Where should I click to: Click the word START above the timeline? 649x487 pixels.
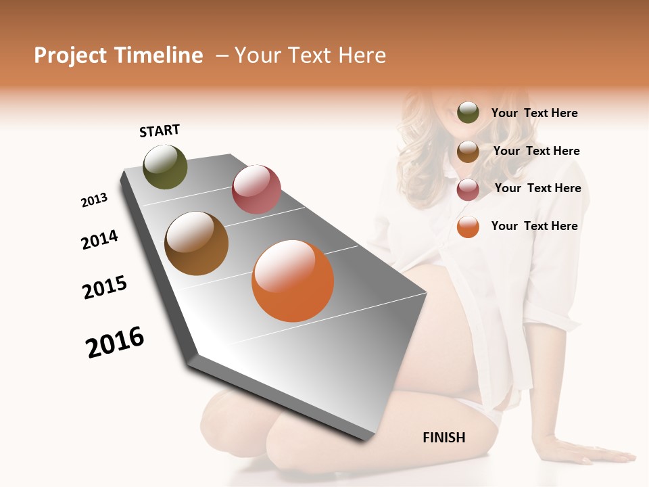[160, 131]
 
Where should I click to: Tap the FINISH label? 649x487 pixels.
[444, 438]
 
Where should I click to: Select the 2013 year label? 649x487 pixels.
[95, 200]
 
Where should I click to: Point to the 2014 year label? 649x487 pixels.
[99, 239]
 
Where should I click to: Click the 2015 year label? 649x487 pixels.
[105, 287]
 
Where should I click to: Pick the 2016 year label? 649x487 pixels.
[115, 342]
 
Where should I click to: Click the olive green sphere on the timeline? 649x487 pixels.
[165, 167]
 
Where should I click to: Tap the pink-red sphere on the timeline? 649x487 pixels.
[256, 189]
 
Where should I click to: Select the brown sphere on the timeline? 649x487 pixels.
[196, 243]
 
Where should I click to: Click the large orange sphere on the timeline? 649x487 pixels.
[293, 281]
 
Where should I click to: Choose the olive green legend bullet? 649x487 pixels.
[468, 112]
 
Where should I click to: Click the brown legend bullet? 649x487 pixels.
[468, 152]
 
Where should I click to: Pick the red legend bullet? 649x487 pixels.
[468, 189]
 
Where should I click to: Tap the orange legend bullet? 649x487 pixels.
[468, 227]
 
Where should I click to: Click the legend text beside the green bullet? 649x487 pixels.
[534, 113]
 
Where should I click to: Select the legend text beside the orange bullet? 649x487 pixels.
[534, 226]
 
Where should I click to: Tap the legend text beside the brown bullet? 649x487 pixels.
[536, 151]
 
